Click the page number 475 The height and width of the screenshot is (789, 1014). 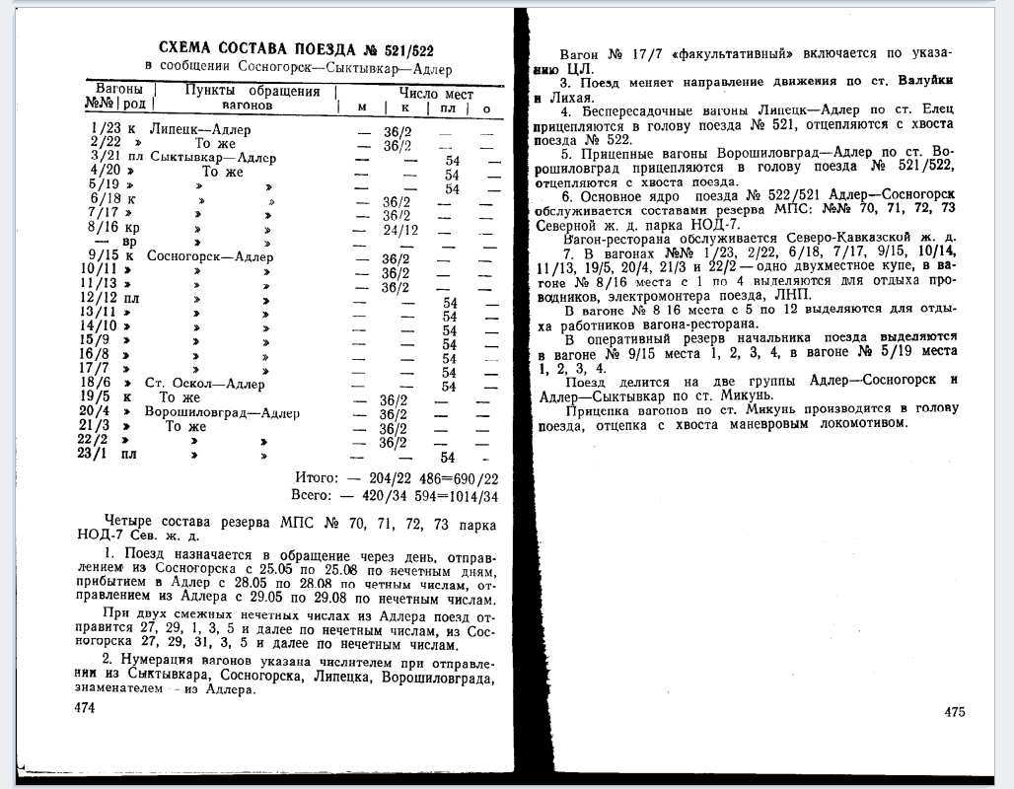(954, 712)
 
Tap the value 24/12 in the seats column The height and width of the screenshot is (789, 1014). (400, 230)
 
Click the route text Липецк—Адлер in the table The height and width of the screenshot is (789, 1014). (200, 129)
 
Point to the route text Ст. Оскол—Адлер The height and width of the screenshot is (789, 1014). (204, 385)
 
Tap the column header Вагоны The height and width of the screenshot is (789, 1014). (118, 90)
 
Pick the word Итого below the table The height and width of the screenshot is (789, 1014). (315, 477)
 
